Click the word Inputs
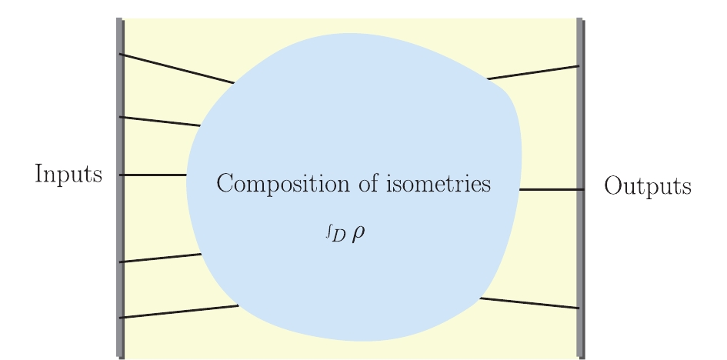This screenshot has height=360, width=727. coord(68,175)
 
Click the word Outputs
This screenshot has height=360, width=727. coord(647,186)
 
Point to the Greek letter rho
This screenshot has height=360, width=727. coord(358,234)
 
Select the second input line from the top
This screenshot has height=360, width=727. coord(160,122)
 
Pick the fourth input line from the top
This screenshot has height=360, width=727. coord(160,258)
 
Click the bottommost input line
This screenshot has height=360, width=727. coord(178,312)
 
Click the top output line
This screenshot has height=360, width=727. coord(532,72)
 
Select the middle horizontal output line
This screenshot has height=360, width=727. coord(549,189)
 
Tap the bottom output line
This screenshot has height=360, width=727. coord(529,303)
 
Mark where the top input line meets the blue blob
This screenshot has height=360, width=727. coord(235,83)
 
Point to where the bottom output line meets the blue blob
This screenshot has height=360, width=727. coord(480,298)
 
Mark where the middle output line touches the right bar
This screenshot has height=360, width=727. coord(578,189)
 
